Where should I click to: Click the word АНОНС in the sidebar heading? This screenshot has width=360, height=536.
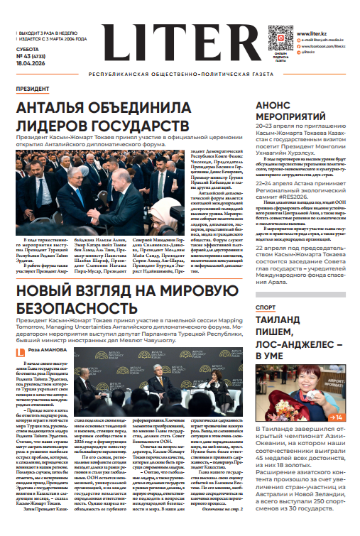[276, 104]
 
